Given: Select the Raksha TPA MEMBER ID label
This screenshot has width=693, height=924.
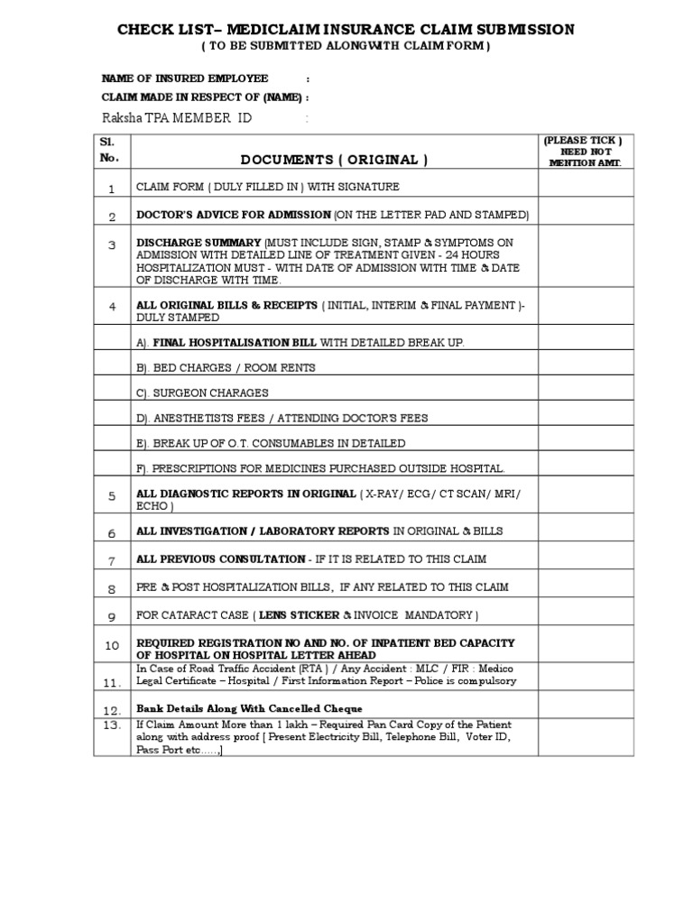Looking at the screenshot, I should (x=177, y=118).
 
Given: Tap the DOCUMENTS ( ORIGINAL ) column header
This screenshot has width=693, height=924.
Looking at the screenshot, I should (x=334, y=160).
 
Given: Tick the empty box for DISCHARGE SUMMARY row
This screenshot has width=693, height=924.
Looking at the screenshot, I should (x=586, y=262).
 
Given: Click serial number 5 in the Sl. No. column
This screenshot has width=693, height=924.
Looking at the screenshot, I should (x=112, y=496).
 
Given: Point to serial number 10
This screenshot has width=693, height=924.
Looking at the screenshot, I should (x=112, y=645).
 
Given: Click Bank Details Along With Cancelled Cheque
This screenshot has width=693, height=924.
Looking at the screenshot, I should (x=250, y=707).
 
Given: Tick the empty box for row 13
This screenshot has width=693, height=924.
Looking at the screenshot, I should (x=586, y=737).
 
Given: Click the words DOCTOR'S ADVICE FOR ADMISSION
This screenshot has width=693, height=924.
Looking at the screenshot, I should (x=233, y=215).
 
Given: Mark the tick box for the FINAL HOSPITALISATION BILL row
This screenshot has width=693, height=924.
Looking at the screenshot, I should (x=586, y=343).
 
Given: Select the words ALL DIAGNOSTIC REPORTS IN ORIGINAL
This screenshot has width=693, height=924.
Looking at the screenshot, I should (x=245, y=494).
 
